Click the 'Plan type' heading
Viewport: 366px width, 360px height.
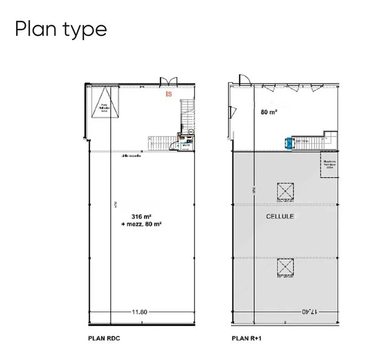tap(61, 29)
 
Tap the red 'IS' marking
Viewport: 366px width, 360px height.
tap(169, 95)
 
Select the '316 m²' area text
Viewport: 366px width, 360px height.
tap(140, 216)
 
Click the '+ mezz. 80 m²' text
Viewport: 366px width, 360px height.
tap(141, 224)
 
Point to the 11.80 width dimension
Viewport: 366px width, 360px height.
tap(140, 312)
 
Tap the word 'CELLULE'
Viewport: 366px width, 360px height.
tap(280, 216)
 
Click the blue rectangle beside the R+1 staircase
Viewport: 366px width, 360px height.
tap(289, 143)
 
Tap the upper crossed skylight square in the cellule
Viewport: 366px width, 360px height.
tap(285, 191)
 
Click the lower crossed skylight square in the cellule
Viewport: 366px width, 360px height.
tap(285, 268)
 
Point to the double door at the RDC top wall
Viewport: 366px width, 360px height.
tap(168, 81)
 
